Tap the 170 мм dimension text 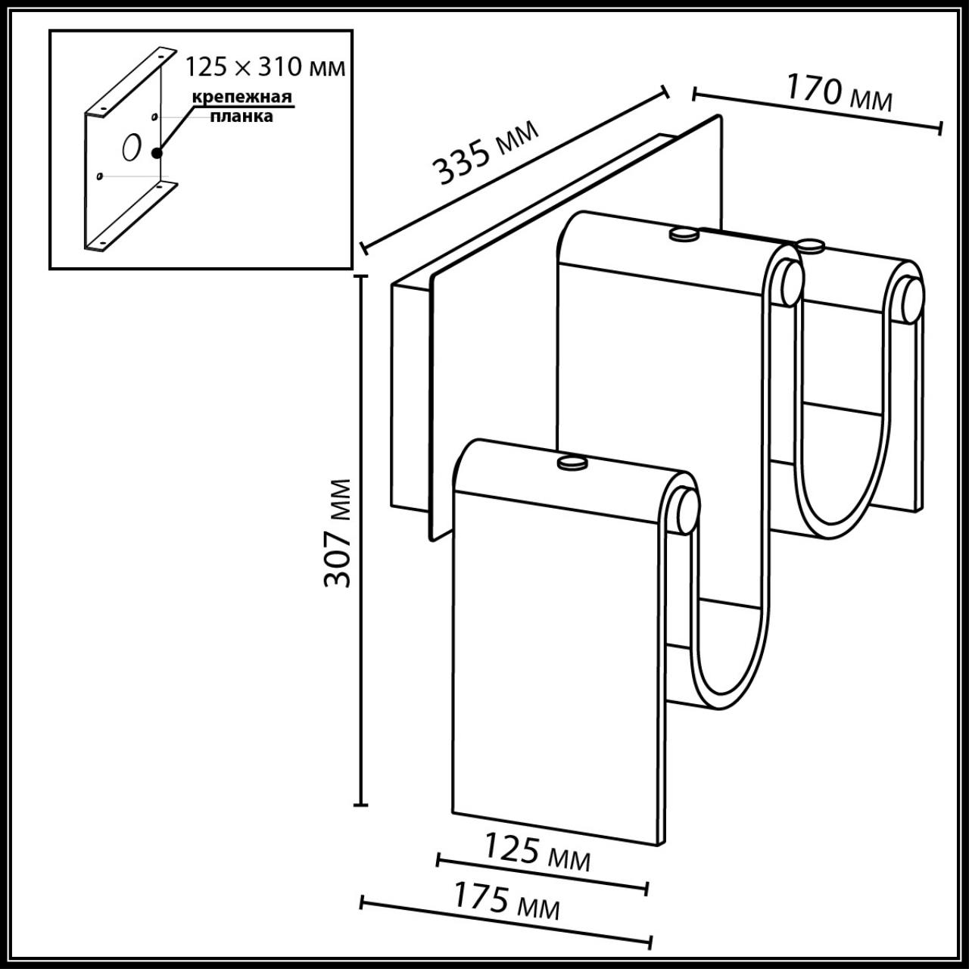click(x=839, y=92)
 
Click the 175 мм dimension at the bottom click(x=506, y=901)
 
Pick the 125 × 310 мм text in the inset click(x=266, y=67)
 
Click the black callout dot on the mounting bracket click(x=157, y=153)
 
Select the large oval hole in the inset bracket click(x=130, y=146)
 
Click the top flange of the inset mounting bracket click(x=125, y=83)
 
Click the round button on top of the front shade click(x=573, y=463)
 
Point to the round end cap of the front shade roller click(x=686, y=511)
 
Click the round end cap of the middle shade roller click(x=790, y=283)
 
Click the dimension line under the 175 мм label click(x=506, y=923)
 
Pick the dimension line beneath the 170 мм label click(x=818, y=111)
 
